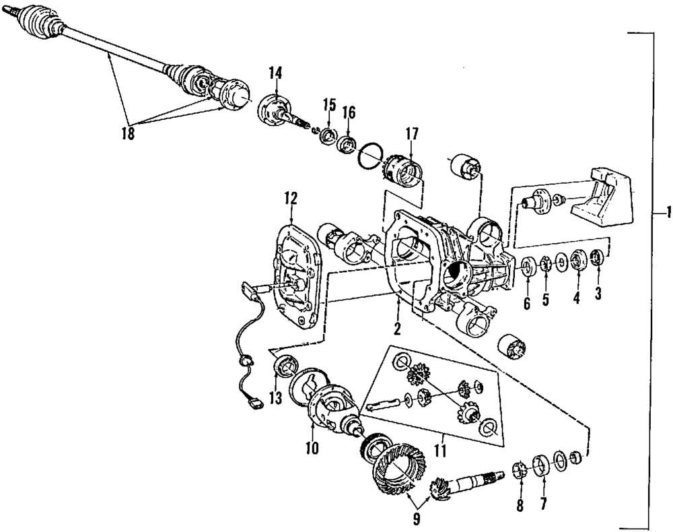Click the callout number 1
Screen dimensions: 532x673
(666, 213)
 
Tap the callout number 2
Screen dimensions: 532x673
(397, 329)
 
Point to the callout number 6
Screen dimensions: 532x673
(526, 303)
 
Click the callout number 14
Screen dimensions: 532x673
(277, 73)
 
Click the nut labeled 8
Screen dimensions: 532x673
(519, 469)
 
